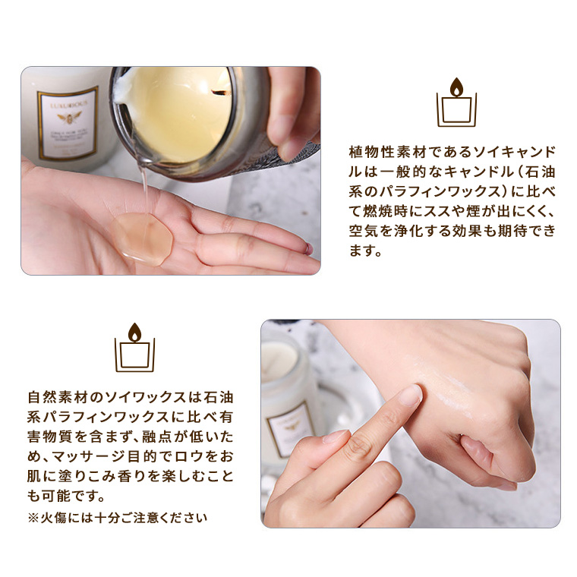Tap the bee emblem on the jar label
69,118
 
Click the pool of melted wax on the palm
143,238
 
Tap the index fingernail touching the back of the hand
411,395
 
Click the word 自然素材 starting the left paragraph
58,397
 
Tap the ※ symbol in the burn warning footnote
33,518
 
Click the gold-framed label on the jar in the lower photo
292,428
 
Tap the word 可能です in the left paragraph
73,496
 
